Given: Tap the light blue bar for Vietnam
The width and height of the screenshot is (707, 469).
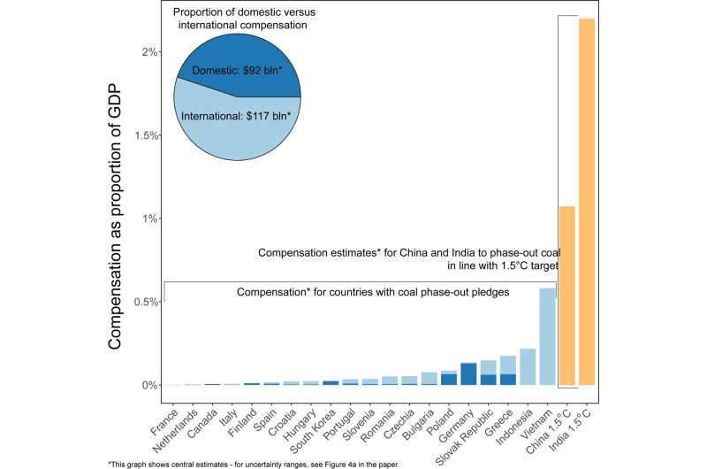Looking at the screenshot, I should coord(548,336).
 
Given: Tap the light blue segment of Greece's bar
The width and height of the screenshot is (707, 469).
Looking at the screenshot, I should coord(508,365).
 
